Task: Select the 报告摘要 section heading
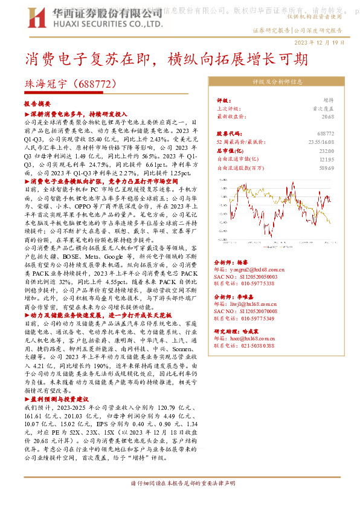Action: point(37,105)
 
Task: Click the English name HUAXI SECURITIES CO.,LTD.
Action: point(107,24)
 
